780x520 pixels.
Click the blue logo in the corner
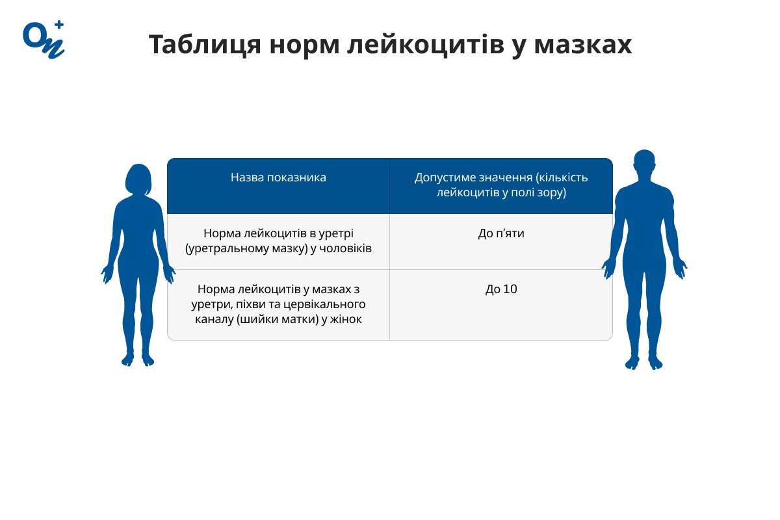pos(43,40)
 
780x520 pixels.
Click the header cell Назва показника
pos(278,177)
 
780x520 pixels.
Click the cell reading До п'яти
pos(500,233)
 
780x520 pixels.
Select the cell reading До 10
pos(500,289)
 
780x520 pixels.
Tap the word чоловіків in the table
pos(347,248)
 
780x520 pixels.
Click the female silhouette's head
pos(138,179)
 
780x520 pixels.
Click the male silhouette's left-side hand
pos(608,266)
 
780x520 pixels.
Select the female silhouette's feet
pos(138,359)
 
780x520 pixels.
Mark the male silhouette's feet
pos(643,361)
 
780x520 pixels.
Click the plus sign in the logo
pos(59,25)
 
